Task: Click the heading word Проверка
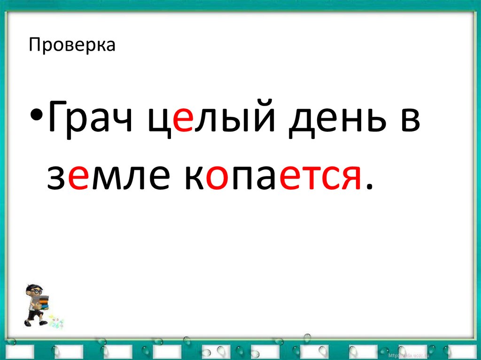pyautogui.click(x=72, y=46)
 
